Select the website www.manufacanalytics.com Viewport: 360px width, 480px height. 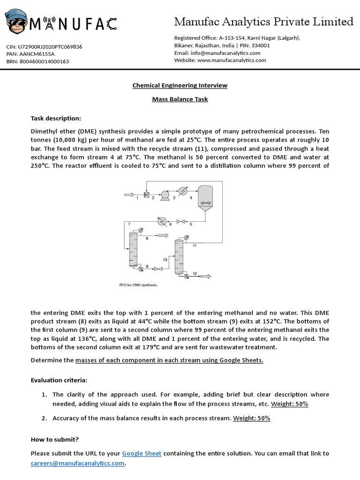232,60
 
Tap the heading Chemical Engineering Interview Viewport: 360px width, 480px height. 180,85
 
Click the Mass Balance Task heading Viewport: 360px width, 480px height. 180,99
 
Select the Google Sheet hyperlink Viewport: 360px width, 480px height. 142,453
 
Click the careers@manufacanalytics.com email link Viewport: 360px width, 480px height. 77,463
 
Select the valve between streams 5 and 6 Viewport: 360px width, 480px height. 180,221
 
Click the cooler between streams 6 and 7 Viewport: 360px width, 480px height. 161,221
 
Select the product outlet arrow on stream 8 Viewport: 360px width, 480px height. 163,235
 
